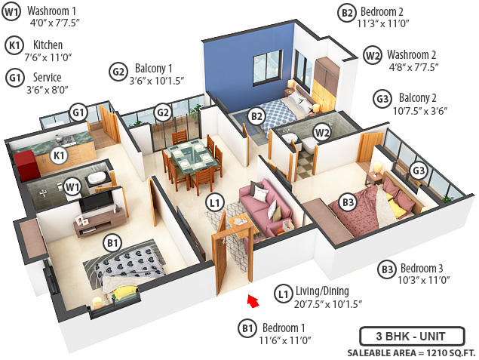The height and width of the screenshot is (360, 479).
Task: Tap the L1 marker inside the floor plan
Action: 215,202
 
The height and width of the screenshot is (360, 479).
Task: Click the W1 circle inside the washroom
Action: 72,186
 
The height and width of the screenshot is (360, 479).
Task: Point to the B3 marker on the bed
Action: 348,202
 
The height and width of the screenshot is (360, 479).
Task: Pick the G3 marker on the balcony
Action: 419,171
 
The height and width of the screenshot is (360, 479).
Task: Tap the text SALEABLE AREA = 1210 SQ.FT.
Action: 411,352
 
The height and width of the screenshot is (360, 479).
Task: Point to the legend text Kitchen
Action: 48,45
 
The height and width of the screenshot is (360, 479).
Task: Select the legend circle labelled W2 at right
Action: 372,55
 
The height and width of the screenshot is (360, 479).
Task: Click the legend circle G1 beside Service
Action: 14,78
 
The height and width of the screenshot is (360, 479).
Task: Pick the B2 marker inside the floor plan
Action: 256,116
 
